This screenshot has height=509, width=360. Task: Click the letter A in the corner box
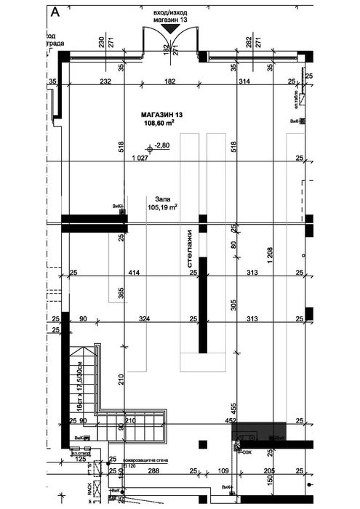click(56, 11)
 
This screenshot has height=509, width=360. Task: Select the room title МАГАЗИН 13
click(162, 115)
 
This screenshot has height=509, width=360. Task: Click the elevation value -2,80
click(161, 145)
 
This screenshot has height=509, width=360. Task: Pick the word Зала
click(163, 198)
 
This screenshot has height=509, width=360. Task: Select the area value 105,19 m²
click(163, 207)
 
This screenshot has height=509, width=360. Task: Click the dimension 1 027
click(140, 158)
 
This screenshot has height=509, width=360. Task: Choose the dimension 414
click(133, 273)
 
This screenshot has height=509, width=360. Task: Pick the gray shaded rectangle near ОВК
click(259, 431)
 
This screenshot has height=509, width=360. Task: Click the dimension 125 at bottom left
click(80, 460)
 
